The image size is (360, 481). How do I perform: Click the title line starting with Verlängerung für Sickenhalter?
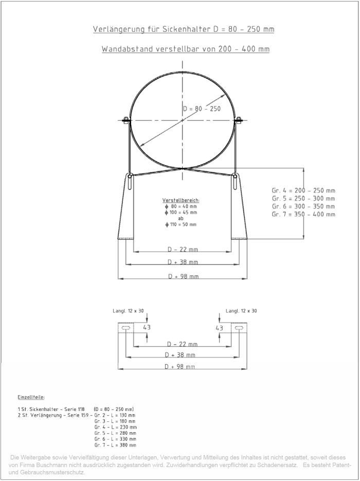(x=183, y=29)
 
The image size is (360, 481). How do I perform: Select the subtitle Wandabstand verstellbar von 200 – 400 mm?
(x=185, y=49)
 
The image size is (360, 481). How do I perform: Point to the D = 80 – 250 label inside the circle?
(x=202, y=109)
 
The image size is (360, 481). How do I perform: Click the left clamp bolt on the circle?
(x=125, y=121)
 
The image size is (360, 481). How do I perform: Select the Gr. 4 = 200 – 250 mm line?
(x=303, y=190)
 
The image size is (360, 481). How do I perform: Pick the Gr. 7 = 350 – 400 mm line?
(x=303, y=214)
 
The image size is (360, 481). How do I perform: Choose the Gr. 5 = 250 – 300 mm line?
(x=303, y=198)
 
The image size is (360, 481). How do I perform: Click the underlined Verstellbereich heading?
(x=181, y=200)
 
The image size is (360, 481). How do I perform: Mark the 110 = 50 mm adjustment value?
(x=181, y=225)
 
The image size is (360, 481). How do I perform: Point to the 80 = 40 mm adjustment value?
(x=181, y=206)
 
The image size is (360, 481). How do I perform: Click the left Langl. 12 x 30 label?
(x=128, y=311)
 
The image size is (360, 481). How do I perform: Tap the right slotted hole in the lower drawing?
(x=238, y=327)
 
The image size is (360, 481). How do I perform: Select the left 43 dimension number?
(x=147, y=327)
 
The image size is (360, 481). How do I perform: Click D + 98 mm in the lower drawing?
(x=179, y=366)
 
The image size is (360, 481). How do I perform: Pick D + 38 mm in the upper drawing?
(x=183, y=262)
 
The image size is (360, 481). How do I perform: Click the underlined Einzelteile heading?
(x=31, y=397)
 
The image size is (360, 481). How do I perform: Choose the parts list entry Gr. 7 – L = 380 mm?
(x=115, y=445)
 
